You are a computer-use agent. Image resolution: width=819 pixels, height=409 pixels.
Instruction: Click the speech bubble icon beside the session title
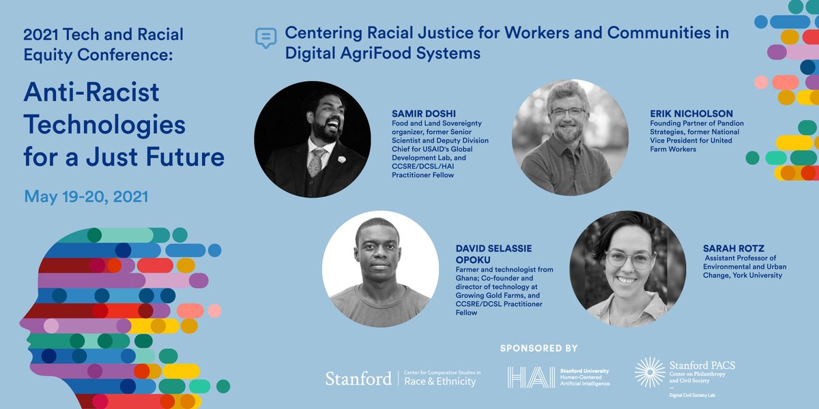click(265, 38)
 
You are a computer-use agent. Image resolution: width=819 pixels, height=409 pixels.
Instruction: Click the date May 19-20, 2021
click(86, 197)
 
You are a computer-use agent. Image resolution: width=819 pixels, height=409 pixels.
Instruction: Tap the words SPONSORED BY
click(539, 348)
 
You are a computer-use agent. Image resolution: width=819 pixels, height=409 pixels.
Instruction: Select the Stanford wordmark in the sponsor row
click(358, 378)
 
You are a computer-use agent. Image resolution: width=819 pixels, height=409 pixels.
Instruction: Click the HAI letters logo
click(530, 377)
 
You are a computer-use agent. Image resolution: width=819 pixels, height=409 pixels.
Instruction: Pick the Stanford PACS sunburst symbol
click(649, 372)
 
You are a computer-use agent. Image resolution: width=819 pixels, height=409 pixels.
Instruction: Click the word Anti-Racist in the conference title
click(91, 91)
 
